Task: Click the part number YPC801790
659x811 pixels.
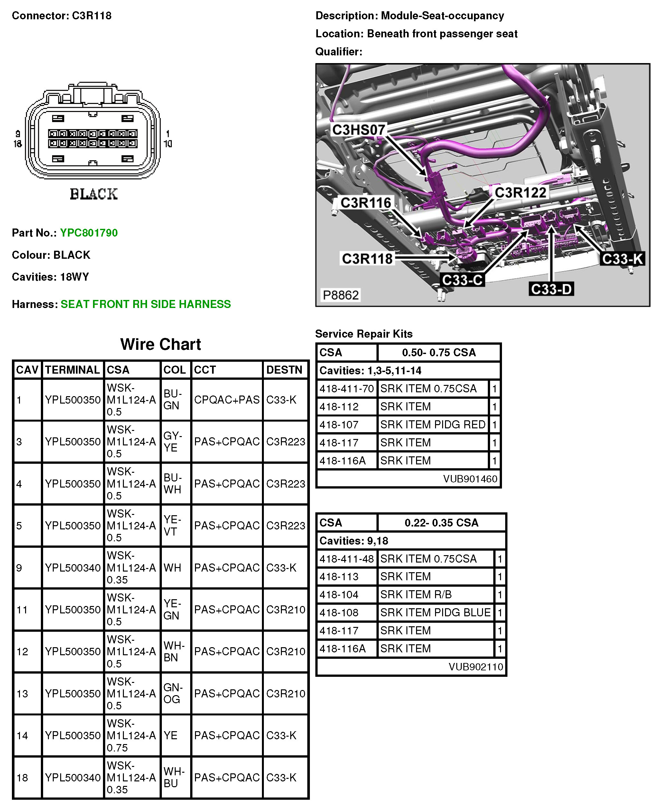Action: tap(89, 233)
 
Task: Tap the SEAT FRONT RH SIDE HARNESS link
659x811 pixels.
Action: tap(145, 304)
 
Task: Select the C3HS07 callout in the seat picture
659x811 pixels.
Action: tap(358, 130)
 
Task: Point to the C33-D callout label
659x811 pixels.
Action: tap(551, 289)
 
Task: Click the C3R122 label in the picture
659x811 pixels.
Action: tap(520, 193)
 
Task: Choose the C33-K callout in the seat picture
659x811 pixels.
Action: tap(622, 259)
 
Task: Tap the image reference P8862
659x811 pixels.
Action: tap(340, 295)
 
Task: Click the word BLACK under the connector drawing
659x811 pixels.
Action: tap(93, 194)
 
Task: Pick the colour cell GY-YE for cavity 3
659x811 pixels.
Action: tap(173, 442)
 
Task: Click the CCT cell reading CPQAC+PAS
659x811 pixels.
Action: tap(227, 400)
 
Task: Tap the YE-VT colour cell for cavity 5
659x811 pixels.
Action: tap(172, 526)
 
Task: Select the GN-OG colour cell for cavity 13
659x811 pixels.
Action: tap(173, 693)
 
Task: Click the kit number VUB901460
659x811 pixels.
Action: tap(470, 479)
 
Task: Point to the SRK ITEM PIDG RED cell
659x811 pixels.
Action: tap(433, 424)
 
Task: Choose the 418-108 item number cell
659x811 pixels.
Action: tap(339, 612)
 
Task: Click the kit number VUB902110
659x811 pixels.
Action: tap(476, 667)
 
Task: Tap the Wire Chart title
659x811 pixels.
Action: tap(161, 344)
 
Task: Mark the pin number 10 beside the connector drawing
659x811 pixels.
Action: tap(167, 144)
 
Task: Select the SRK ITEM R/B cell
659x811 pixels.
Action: tap(416, 595)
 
